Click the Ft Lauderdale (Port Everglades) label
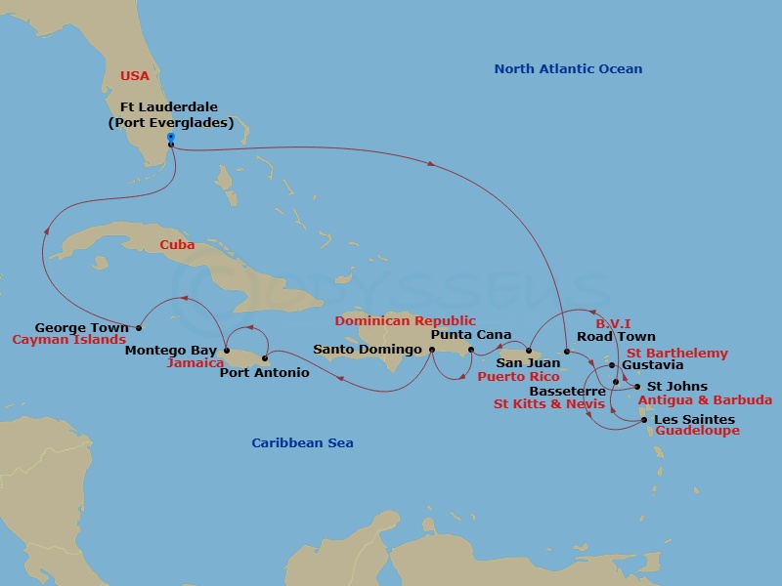170,114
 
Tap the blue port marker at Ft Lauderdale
170,138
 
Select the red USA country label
135,75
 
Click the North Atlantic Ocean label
568,68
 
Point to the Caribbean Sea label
302,442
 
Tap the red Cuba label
177,245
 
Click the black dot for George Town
139,328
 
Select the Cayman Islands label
68,340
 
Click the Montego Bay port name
171,350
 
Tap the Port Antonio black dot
265,358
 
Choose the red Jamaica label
195,362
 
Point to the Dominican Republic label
405,320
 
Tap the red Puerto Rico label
518,376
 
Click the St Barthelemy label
676,353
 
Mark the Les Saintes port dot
643,420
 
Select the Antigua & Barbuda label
704,399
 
